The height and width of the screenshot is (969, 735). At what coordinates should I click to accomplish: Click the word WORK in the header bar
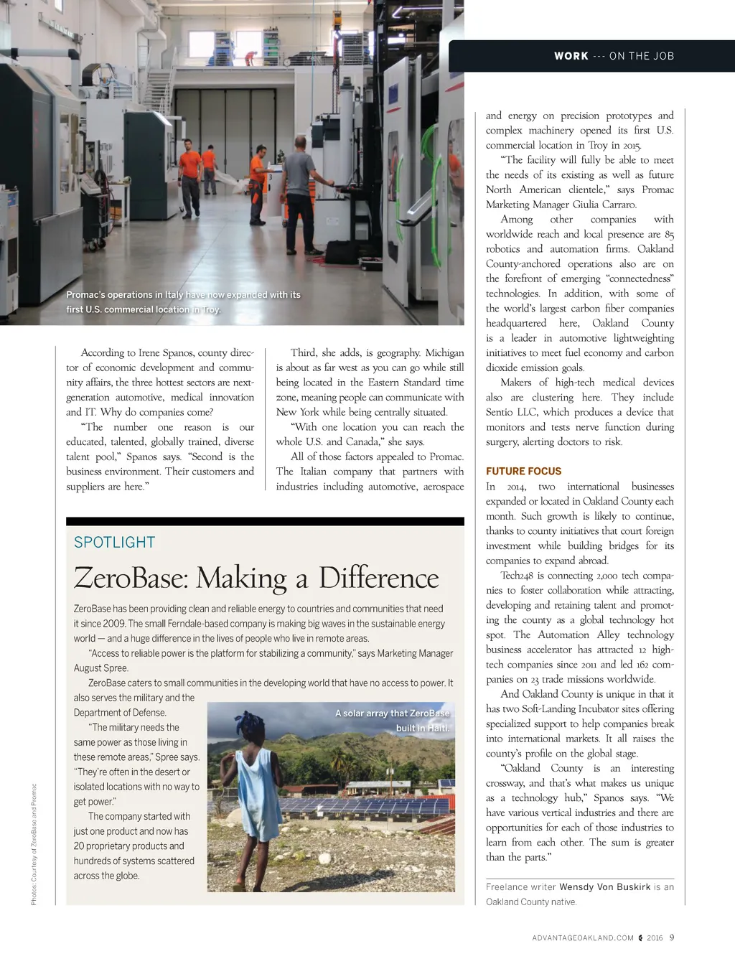click(x=571, y=56)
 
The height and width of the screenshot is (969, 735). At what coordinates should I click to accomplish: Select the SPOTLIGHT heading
click(x=114, y=543)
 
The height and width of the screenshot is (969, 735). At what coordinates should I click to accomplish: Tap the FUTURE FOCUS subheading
click(x=523, y=472)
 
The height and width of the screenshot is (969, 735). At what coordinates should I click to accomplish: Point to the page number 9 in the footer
click(x=672, y=937)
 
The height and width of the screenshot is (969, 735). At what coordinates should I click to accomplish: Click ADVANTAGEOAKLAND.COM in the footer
click(x=583, y=938)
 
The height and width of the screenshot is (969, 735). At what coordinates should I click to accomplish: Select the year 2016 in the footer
click(x=655, y=938)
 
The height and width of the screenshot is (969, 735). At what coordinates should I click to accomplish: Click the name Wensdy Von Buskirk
click(x=604, y=887)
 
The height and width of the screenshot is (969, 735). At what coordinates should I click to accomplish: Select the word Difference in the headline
click(x=378, y=579)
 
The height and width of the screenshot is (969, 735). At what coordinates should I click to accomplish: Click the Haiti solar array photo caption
click(x=393, y=720)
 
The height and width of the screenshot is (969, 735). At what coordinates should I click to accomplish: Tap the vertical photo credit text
click(x=34, y=843)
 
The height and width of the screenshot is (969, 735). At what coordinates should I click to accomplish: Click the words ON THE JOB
click(x=642, y=56)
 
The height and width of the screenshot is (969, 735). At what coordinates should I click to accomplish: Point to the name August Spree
click(x=100, y=668)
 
